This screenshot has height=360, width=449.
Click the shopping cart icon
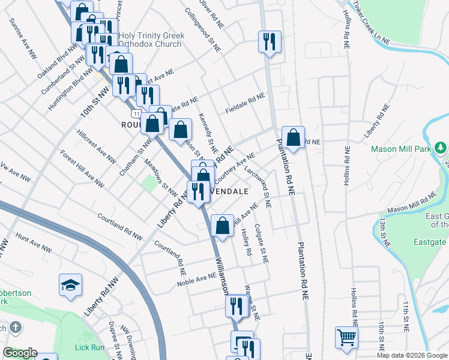346,337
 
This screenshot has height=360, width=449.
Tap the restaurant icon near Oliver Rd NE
268,41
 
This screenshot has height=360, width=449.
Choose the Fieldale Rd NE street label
245,103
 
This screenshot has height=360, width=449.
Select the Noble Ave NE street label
196,279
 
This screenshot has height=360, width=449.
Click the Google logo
20,353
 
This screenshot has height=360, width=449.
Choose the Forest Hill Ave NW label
80,167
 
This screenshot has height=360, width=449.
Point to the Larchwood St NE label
259,187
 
